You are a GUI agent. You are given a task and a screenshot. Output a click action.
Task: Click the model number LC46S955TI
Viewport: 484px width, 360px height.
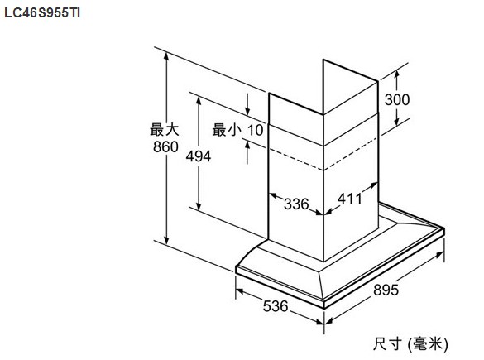pos(42,13)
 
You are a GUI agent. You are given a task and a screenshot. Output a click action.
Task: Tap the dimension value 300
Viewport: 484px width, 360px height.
pos(397,100)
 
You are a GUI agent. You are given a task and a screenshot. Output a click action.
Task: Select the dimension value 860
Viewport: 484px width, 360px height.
pos(165,146)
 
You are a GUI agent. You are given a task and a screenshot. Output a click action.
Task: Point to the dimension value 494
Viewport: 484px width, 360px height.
pos(199,156)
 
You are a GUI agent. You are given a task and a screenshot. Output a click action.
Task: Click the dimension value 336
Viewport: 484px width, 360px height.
pos(296,204)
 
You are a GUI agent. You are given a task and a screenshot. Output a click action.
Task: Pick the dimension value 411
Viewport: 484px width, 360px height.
pos(350,199)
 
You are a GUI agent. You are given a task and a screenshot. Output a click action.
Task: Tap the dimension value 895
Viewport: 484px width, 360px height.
pos(386,290)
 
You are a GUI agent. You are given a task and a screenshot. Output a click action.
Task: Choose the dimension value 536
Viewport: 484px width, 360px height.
pos(276,306)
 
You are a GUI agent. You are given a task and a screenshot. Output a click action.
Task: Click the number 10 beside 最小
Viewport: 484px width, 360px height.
pos(256,130)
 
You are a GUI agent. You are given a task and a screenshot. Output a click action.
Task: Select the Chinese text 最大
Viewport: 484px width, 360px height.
pos(165,129)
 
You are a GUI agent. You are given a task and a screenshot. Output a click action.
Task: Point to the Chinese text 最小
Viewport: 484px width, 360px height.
pos(227,130)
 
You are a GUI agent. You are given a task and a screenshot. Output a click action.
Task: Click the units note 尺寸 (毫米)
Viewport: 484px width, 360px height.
pos(410,343)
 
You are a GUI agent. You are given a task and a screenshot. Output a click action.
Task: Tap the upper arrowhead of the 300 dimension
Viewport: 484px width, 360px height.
pos(396,73)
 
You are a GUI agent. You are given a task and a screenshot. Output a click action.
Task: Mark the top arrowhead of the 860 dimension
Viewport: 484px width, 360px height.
pos(166,56)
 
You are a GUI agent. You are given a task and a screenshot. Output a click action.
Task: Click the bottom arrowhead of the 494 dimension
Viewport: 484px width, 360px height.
pos(199,207)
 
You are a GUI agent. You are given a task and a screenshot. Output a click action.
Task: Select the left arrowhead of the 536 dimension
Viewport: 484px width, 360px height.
pos(239,290)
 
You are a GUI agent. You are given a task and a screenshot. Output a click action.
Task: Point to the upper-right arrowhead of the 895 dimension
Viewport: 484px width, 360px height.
pos(440,254)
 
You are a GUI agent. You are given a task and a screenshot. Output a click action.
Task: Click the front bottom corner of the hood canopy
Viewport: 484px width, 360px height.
pos(324,308)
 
